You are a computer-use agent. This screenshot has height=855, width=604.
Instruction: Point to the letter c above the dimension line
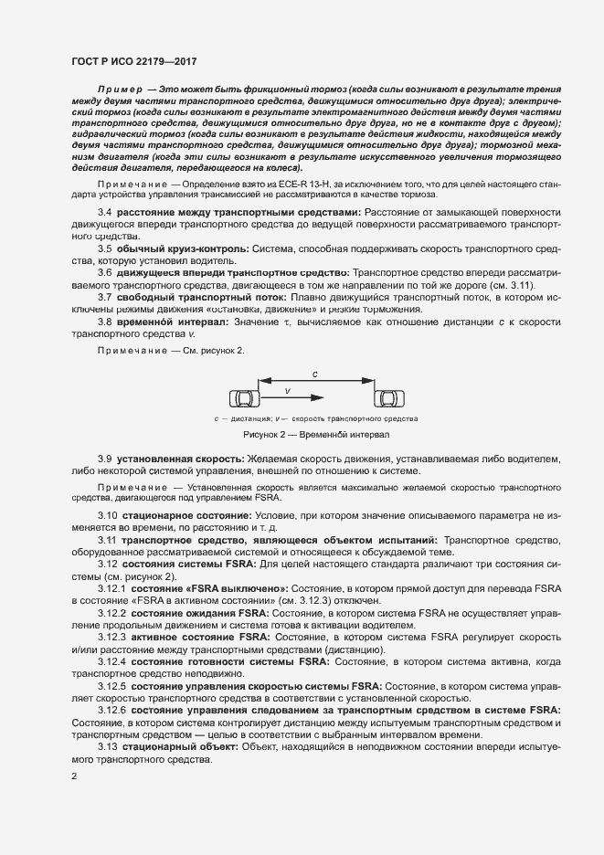tap(314, 375)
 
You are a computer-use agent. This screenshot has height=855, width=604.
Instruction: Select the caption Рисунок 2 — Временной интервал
tap(315, 435)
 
